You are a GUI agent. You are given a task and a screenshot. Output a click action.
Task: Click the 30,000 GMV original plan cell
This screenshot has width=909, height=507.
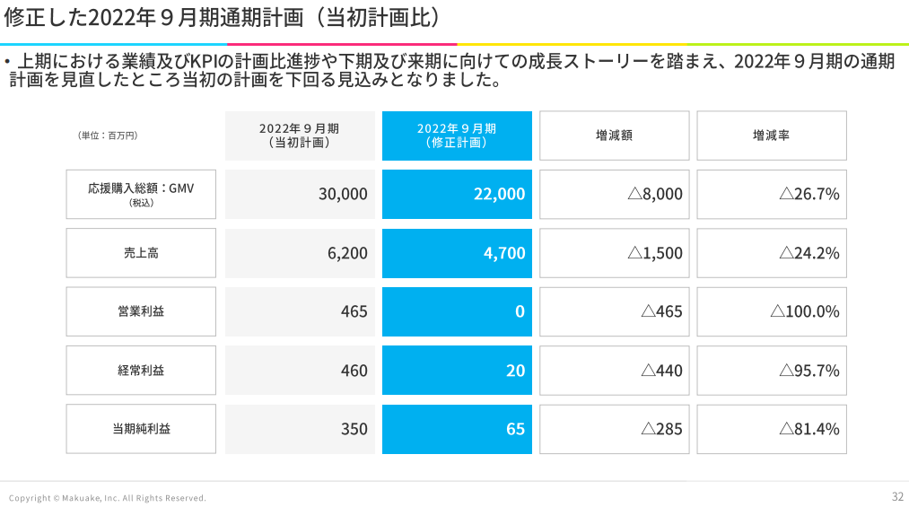(300, 194)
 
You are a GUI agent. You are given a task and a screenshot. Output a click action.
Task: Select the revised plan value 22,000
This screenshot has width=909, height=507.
(457, 194)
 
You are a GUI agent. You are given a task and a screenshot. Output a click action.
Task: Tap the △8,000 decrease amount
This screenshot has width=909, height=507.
(614, 194)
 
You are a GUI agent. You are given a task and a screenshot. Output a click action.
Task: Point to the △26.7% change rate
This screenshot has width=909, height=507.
(772, 194)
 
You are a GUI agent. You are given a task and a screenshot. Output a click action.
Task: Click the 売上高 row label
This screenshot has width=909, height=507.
(141, 253)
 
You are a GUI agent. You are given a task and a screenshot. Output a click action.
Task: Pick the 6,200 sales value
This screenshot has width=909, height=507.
(300, 253)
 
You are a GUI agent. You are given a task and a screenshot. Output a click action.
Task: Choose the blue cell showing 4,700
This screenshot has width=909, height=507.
(457, 253)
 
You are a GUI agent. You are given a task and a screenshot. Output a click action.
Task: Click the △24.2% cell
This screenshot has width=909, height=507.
(772, 253)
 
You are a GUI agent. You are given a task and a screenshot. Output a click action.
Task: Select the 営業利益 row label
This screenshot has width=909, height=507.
(141, 311)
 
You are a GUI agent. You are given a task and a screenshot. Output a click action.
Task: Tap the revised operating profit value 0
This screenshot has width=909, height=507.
(457, 311)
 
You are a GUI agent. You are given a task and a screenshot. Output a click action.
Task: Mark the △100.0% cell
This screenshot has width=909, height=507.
(772, 311)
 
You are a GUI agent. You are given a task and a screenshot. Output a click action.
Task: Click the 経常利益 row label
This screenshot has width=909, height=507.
(141, 370)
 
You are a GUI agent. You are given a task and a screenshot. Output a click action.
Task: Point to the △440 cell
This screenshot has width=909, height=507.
(614, 370)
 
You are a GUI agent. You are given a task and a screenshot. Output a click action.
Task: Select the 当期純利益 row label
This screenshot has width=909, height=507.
(141, 429)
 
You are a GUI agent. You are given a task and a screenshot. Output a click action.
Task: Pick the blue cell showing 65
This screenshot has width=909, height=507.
(457, 429)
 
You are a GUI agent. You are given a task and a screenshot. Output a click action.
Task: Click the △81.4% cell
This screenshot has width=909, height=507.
(772, 429)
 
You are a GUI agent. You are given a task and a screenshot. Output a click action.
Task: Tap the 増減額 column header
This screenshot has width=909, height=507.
(614, 135)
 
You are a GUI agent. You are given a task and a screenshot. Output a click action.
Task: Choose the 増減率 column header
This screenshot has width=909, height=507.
(772, 135)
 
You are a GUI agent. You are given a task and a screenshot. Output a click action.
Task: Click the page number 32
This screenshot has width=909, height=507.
(897, 497)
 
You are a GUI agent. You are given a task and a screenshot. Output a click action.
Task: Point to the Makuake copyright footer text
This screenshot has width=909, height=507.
(108, 498)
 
